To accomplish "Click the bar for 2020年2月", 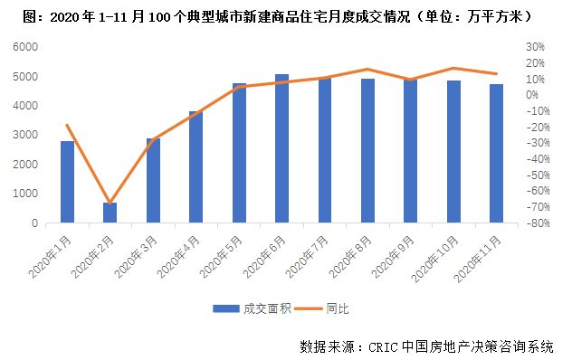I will click(x=110, y=213).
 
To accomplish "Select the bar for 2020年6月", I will click(x=281, y=148).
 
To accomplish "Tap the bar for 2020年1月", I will click(x=67, y=182).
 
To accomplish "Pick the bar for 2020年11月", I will click(x=496, y=154).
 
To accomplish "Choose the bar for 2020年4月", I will click(x=195, y=167).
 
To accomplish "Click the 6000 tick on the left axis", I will click(x=28, y=47).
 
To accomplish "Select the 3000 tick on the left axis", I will click(x=28, y=135).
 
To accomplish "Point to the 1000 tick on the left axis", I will click(x=28, y=194).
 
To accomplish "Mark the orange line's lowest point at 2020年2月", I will click(x=110, y=203).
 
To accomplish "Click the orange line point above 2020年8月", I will click(x=367, y=69).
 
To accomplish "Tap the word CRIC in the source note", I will click(x=384, y=346).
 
